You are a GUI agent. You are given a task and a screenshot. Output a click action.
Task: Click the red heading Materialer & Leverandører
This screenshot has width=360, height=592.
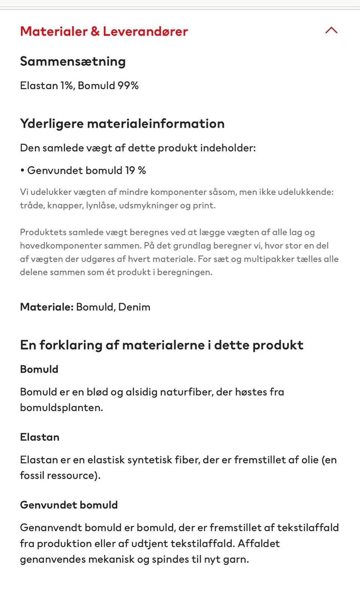pyautogui.click(x=104, y=31)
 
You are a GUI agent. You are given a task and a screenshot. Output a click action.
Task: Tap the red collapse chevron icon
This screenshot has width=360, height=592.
pyautogui.click(x=331, y=30)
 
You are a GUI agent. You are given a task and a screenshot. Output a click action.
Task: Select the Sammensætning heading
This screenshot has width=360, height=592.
pyautogui.click(x=73, y=61)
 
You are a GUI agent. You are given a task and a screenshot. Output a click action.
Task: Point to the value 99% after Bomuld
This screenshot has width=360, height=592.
pyautogui.click(x=128, y=85)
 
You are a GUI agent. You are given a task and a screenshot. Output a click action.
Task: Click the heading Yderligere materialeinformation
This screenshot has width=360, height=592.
pyautogui.click(x=122, y=124)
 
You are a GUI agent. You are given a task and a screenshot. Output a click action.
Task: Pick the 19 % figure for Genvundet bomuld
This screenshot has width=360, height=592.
pyautogui.click(x=135, y=171)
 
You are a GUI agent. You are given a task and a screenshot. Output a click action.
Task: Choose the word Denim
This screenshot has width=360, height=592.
pyautogui.click(x=134, y=307)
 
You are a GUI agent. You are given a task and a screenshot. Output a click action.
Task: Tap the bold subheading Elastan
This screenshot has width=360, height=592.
pyautogui.click(x=40, y=437)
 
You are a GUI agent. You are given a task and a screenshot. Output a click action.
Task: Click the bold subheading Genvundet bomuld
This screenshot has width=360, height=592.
pyautogui.click(x=69, y=505)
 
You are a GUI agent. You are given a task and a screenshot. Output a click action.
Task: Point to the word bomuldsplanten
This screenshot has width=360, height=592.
pyautogui.click(x=61, y=408)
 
